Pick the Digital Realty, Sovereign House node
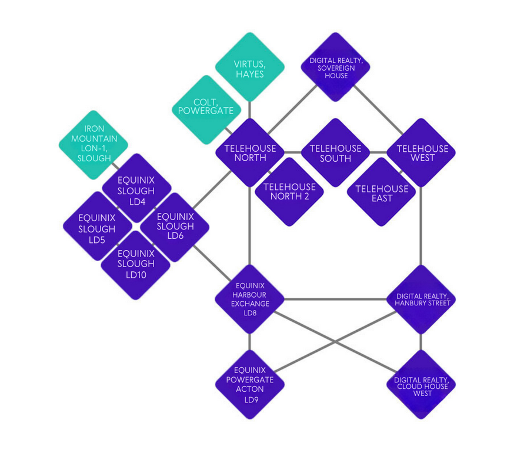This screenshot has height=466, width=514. coord(336,66)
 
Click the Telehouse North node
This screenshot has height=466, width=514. coord(249,152)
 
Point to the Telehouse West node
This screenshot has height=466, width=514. coord(421,152)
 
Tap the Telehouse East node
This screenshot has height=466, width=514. coord(381,192)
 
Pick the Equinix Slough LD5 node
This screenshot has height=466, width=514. coord(97,225)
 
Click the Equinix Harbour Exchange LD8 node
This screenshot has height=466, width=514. coord(249,299)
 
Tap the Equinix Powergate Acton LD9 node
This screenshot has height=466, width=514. coord(249,384)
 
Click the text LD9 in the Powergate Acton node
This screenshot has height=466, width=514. coord(249,400)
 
